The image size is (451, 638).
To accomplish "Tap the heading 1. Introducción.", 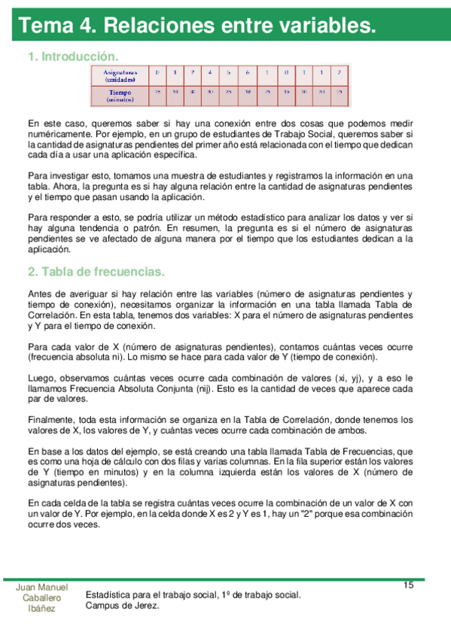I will (x=73, y=56).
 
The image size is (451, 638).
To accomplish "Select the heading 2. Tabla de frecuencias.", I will (x=96, y=272).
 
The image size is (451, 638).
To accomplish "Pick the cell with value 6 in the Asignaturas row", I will (x=247, y=72).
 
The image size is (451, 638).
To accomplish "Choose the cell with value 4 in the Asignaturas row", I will (x=210, y=72).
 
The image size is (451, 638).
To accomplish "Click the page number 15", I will (x=408, y=585).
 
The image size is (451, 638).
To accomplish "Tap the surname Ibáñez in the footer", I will (x=41, y=609).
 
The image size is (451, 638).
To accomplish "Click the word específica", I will (x=172, y=155).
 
